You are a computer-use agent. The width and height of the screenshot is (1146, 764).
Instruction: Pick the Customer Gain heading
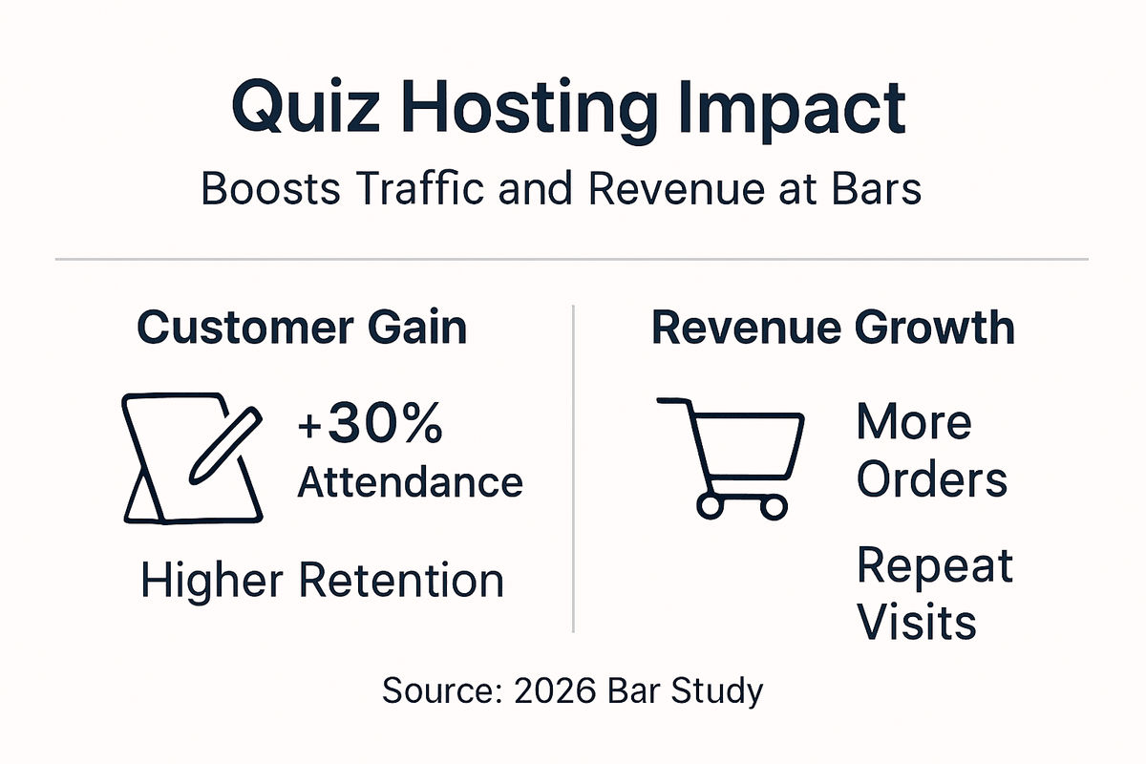pos(302,328)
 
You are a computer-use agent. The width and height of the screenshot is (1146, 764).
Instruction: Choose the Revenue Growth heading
pos(833,328)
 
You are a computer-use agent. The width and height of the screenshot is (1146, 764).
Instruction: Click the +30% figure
pos(371,426)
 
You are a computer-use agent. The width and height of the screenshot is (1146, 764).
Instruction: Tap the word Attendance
pos(410,482)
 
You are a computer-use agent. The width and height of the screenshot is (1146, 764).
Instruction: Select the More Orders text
pos(931,451)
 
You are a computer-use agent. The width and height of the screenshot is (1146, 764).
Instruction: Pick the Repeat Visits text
pos(933,594)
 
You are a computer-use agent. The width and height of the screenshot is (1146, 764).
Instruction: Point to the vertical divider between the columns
pos(573,468)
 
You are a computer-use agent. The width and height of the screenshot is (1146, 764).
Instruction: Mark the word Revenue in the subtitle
pos(671,188)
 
